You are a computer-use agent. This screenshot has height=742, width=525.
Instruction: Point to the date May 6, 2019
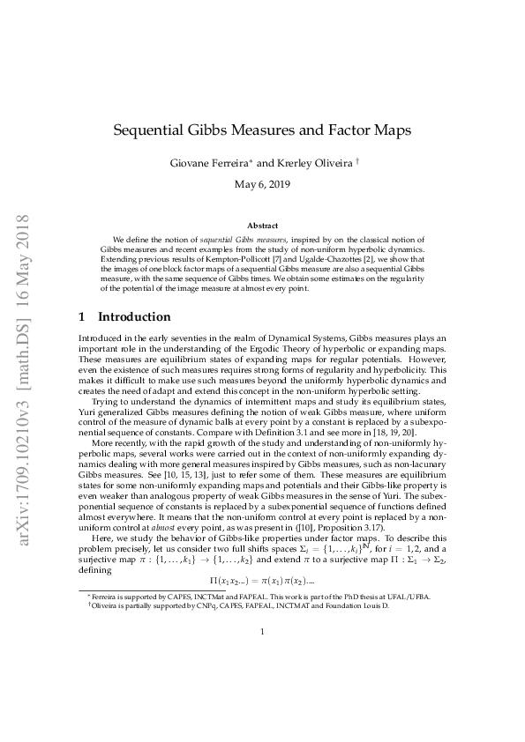point(263,186)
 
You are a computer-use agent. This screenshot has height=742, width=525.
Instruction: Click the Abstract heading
point(263,226)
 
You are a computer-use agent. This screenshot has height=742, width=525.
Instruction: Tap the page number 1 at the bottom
point(263,680)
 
